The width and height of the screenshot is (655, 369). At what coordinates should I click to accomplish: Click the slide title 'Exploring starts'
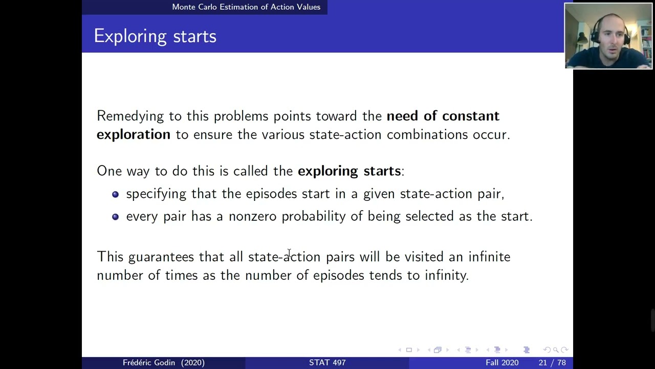[155, 36]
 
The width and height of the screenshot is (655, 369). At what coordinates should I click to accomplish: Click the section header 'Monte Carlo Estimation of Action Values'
[246, 7]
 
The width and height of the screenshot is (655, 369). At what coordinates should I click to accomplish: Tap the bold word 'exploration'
[133, 134]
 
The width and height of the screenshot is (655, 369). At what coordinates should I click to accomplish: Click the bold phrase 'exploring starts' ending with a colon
[350, 171]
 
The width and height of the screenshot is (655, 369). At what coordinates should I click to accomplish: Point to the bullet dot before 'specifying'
[115, 194]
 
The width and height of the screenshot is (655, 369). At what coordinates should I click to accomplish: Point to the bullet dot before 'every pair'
[115, 217]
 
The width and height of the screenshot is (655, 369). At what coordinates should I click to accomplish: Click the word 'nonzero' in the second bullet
[252, 216]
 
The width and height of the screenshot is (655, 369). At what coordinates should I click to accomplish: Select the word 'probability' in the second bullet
[313, 217]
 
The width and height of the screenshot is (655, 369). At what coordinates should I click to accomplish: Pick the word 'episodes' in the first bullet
[271, 194]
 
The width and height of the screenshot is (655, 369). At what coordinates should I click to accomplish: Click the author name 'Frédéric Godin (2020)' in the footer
[163, 362]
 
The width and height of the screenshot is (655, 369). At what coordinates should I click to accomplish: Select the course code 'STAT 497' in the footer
[327, 362]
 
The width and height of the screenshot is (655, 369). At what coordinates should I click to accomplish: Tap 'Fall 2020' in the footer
[501, 362]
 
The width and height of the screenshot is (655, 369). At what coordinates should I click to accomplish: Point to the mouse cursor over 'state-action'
[289, 253]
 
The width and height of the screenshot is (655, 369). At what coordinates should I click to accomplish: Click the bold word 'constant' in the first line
[470, 116]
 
